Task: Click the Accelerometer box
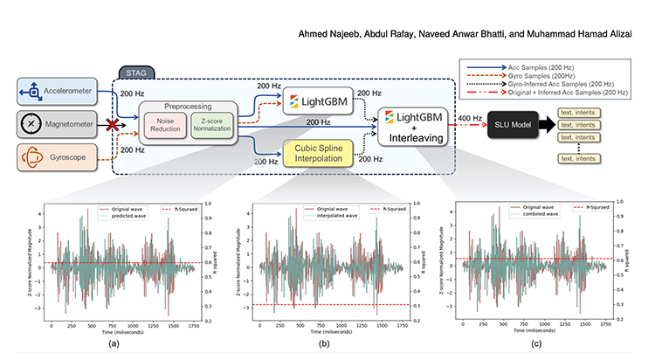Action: pos(54,89)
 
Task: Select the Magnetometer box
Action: pos(54,123)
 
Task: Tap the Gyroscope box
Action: pos(54,157)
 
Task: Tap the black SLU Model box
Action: pos(514,124)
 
